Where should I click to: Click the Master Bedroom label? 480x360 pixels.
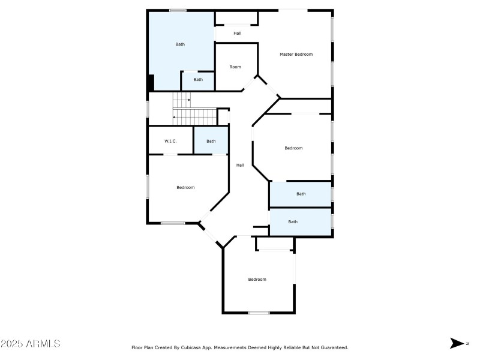tap(296, 55)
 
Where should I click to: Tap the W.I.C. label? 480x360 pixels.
tap(170, 141)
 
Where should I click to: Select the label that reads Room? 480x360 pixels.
tap(235, 67)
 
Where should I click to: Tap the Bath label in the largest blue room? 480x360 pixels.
tap(180, 44)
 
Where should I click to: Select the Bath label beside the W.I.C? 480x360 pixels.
tap(211, 141)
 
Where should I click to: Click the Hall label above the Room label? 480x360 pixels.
tap(238, 33)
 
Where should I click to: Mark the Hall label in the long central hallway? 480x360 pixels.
tap(240, 165)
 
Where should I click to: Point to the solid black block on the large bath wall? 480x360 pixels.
tap(151, 82)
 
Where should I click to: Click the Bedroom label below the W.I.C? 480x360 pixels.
tap(185, 187)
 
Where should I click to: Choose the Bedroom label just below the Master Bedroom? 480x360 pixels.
tap(293, 148)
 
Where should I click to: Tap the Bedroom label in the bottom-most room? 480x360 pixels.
tap(257, 279)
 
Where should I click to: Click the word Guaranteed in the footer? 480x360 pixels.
tap(332, 347)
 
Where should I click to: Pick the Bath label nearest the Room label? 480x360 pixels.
tap(198, 79)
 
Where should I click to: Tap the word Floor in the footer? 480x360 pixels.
tap(137, 347)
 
